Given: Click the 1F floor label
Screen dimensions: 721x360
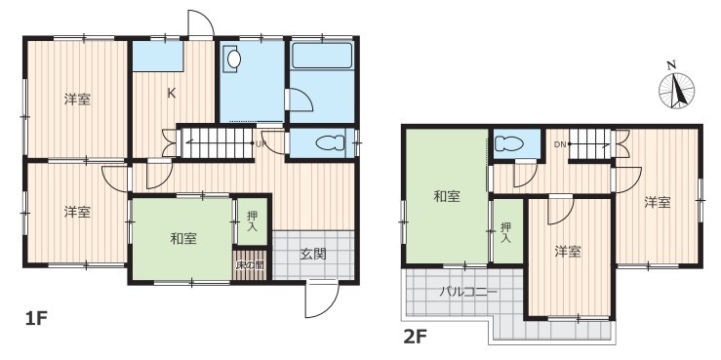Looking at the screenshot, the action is point(36,318).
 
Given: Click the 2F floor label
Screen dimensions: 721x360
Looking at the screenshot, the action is point(415,338).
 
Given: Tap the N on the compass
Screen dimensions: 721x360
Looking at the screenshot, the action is point(672,65).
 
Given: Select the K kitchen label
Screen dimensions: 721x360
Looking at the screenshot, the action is point(171,94).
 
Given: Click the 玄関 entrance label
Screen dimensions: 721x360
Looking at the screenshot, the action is point(313,254).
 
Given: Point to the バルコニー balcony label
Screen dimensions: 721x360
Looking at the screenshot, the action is point(468,292).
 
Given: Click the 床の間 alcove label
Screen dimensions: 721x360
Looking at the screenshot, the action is point(250,264).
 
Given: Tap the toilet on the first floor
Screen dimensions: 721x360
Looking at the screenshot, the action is point(330,142).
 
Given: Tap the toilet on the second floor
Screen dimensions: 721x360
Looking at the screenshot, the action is point(509,143).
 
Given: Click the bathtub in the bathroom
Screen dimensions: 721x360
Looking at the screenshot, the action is point(322,56).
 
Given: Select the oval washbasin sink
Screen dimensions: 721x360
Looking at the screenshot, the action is point(233,59).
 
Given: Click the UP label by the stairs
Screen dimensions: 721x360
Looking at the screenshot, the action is point(260,143).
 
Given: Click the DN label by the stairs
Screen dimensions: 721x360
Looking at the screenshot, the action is point(560,144).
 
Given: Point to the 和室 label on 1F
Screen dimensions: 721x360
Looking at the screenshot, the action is point(184,239).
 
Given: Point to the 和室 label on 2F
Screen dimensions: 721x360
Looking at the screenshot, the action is point(447,197).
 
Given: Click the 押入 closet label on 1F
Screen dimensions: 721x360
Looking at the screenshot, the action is point(253,220).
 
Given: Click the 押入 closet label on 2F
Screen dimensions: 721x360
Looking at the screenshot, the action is point(505,233).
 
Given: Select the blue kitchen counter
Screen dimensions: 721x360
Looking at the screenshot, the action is point(158,56).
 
